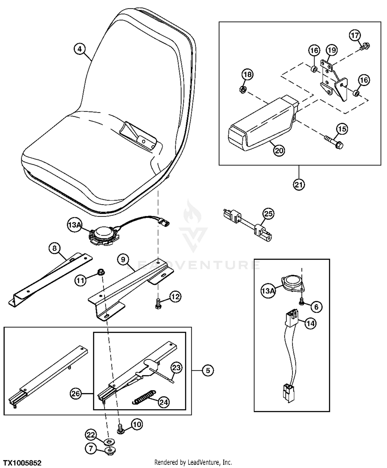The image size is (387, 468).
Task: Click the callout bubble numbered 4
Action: pos(80,49)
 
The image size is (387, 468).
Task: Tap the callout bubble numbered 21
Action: pos(299,184)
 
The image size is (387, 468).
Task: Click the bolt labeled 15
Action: pos(333,142)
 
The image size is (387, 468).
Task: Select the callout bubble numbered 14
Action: pos(311,323)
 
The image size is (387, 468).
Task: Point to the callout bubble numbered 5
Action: pos(208,370)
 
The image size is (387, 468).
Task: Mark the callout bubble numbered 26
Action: pos(76,394)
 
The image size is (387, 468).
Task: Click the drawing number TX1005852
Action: pos(22,463)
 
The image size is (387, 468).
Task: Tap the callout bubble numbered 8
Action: pos(54,248)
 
